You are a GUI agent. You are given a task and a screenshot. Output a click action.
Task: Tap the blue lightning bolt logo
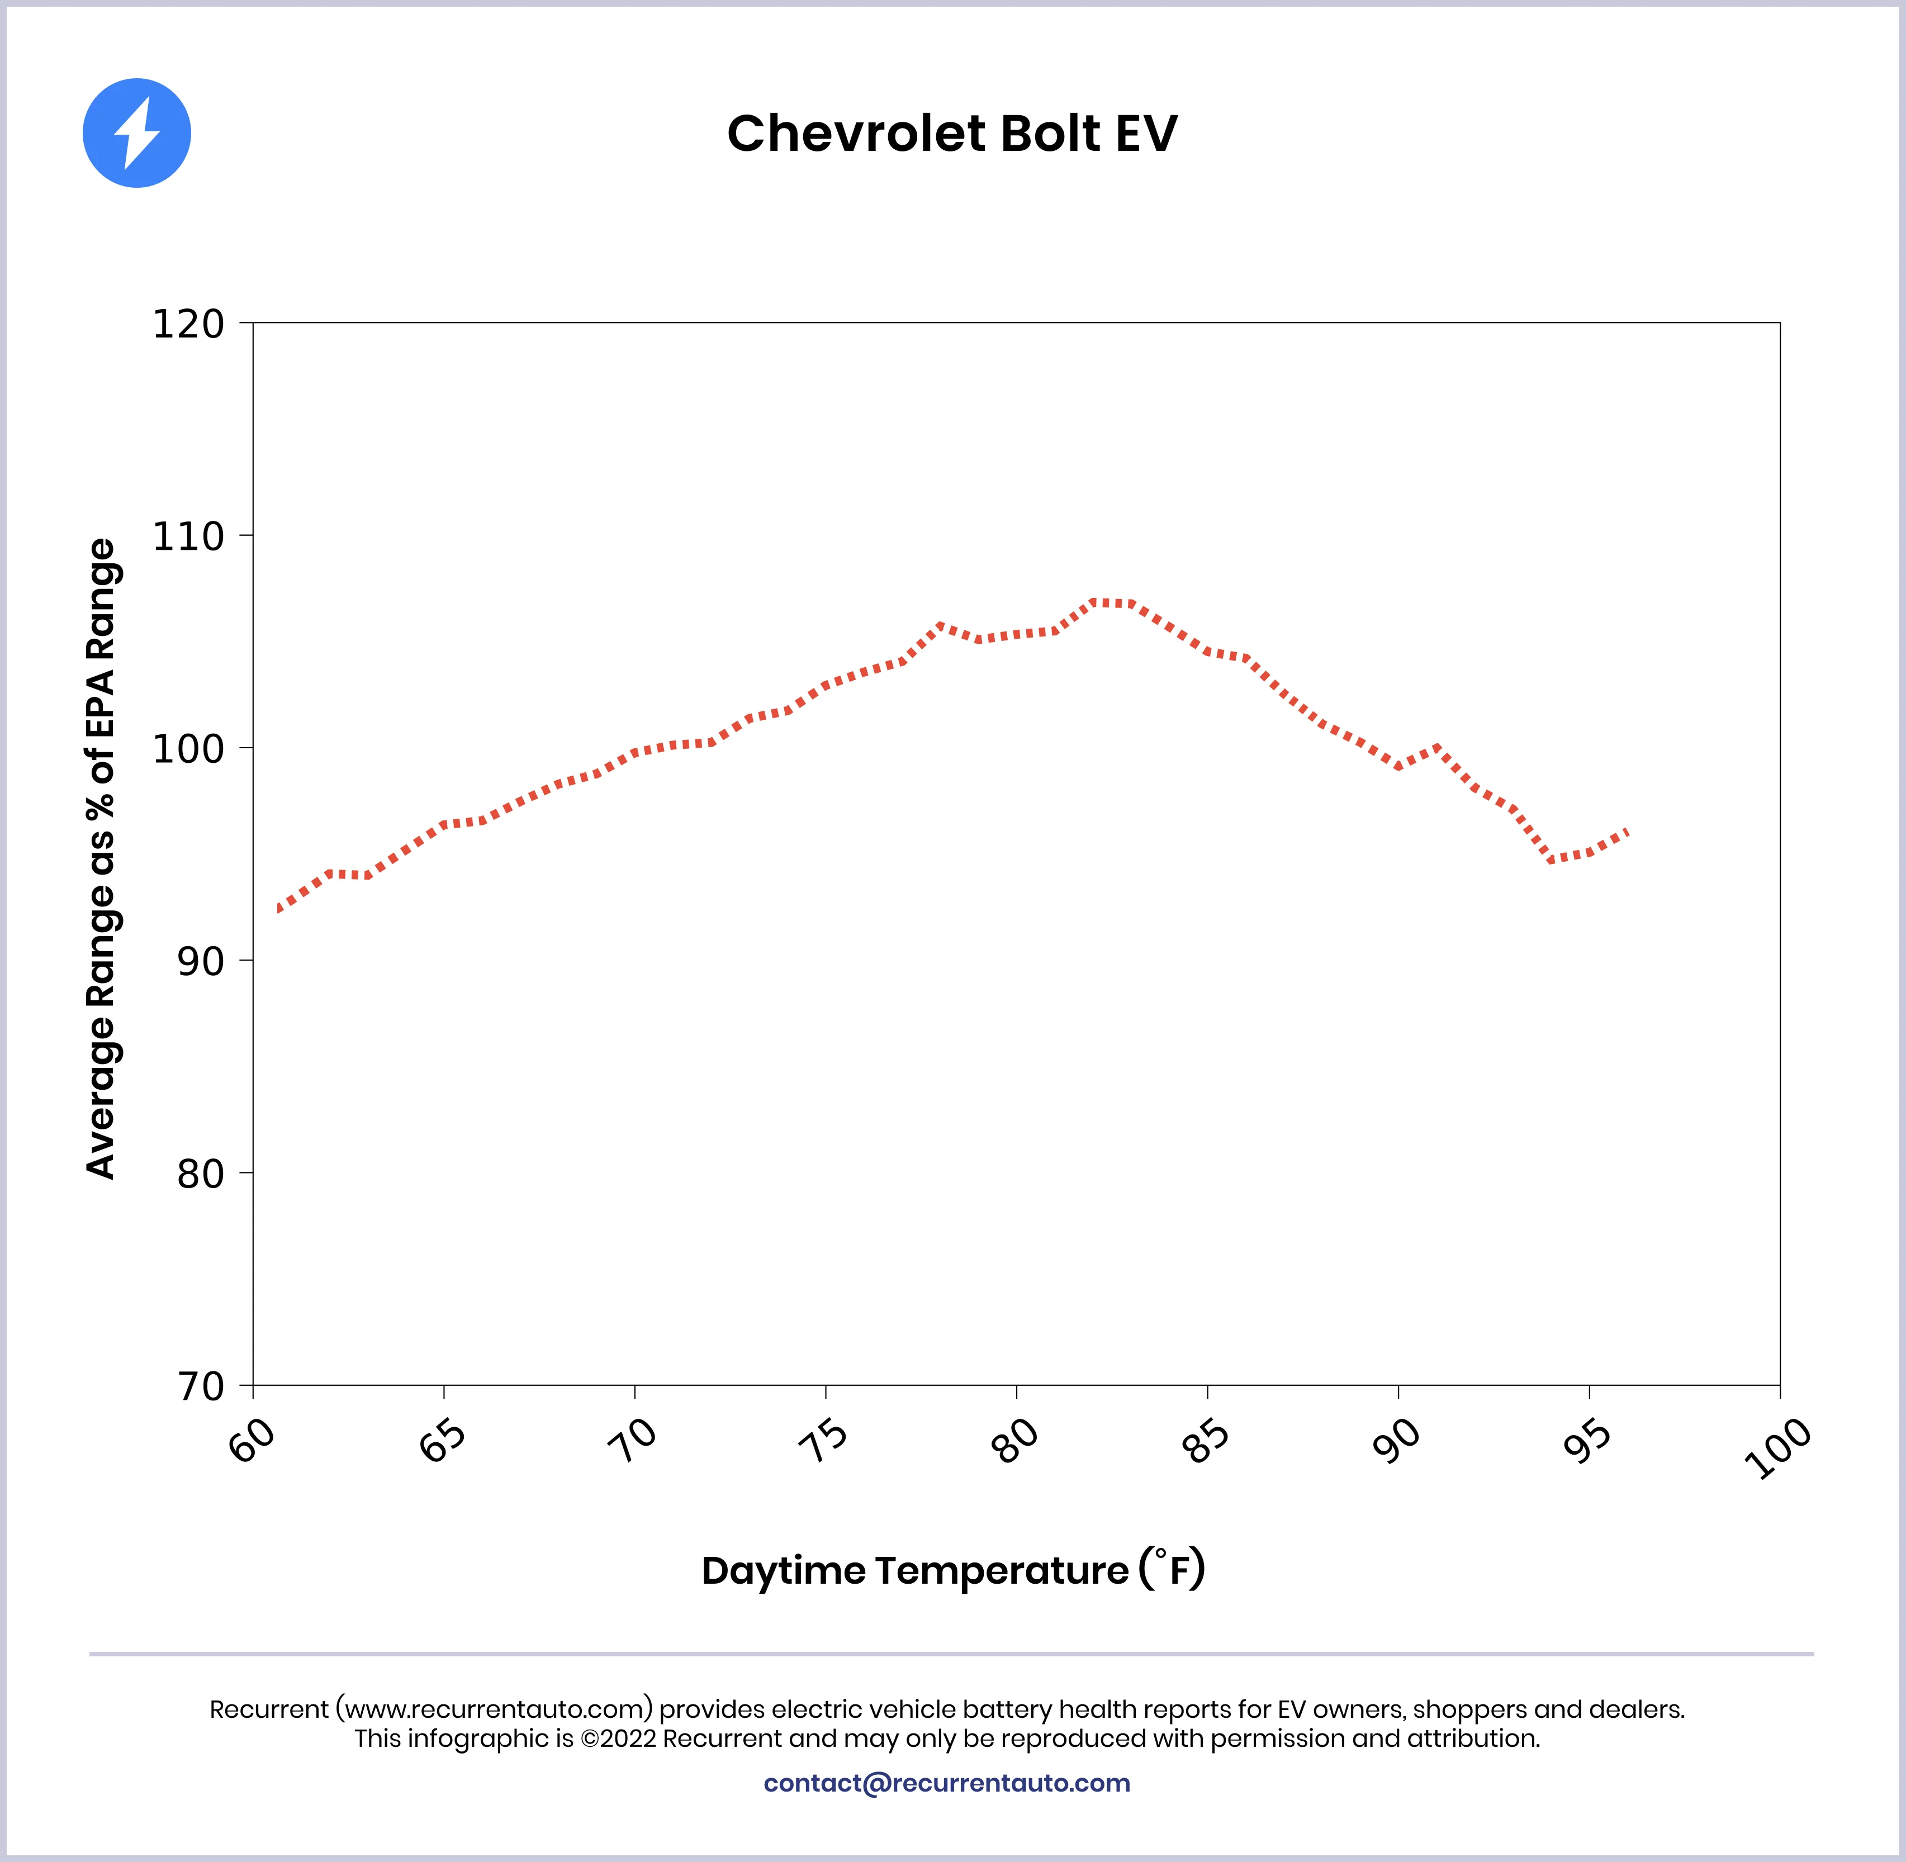(x=137, y=133)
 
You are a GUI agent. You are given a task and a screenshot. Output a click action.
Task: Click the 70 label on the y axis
(x=201, y=1386)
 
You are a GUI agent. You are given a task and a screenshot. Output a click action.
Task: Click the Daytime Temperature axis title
(x=952, y=1570)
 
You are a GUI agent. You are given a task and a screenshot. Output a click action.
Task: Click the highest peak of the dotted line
(x=1112, y=602)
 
